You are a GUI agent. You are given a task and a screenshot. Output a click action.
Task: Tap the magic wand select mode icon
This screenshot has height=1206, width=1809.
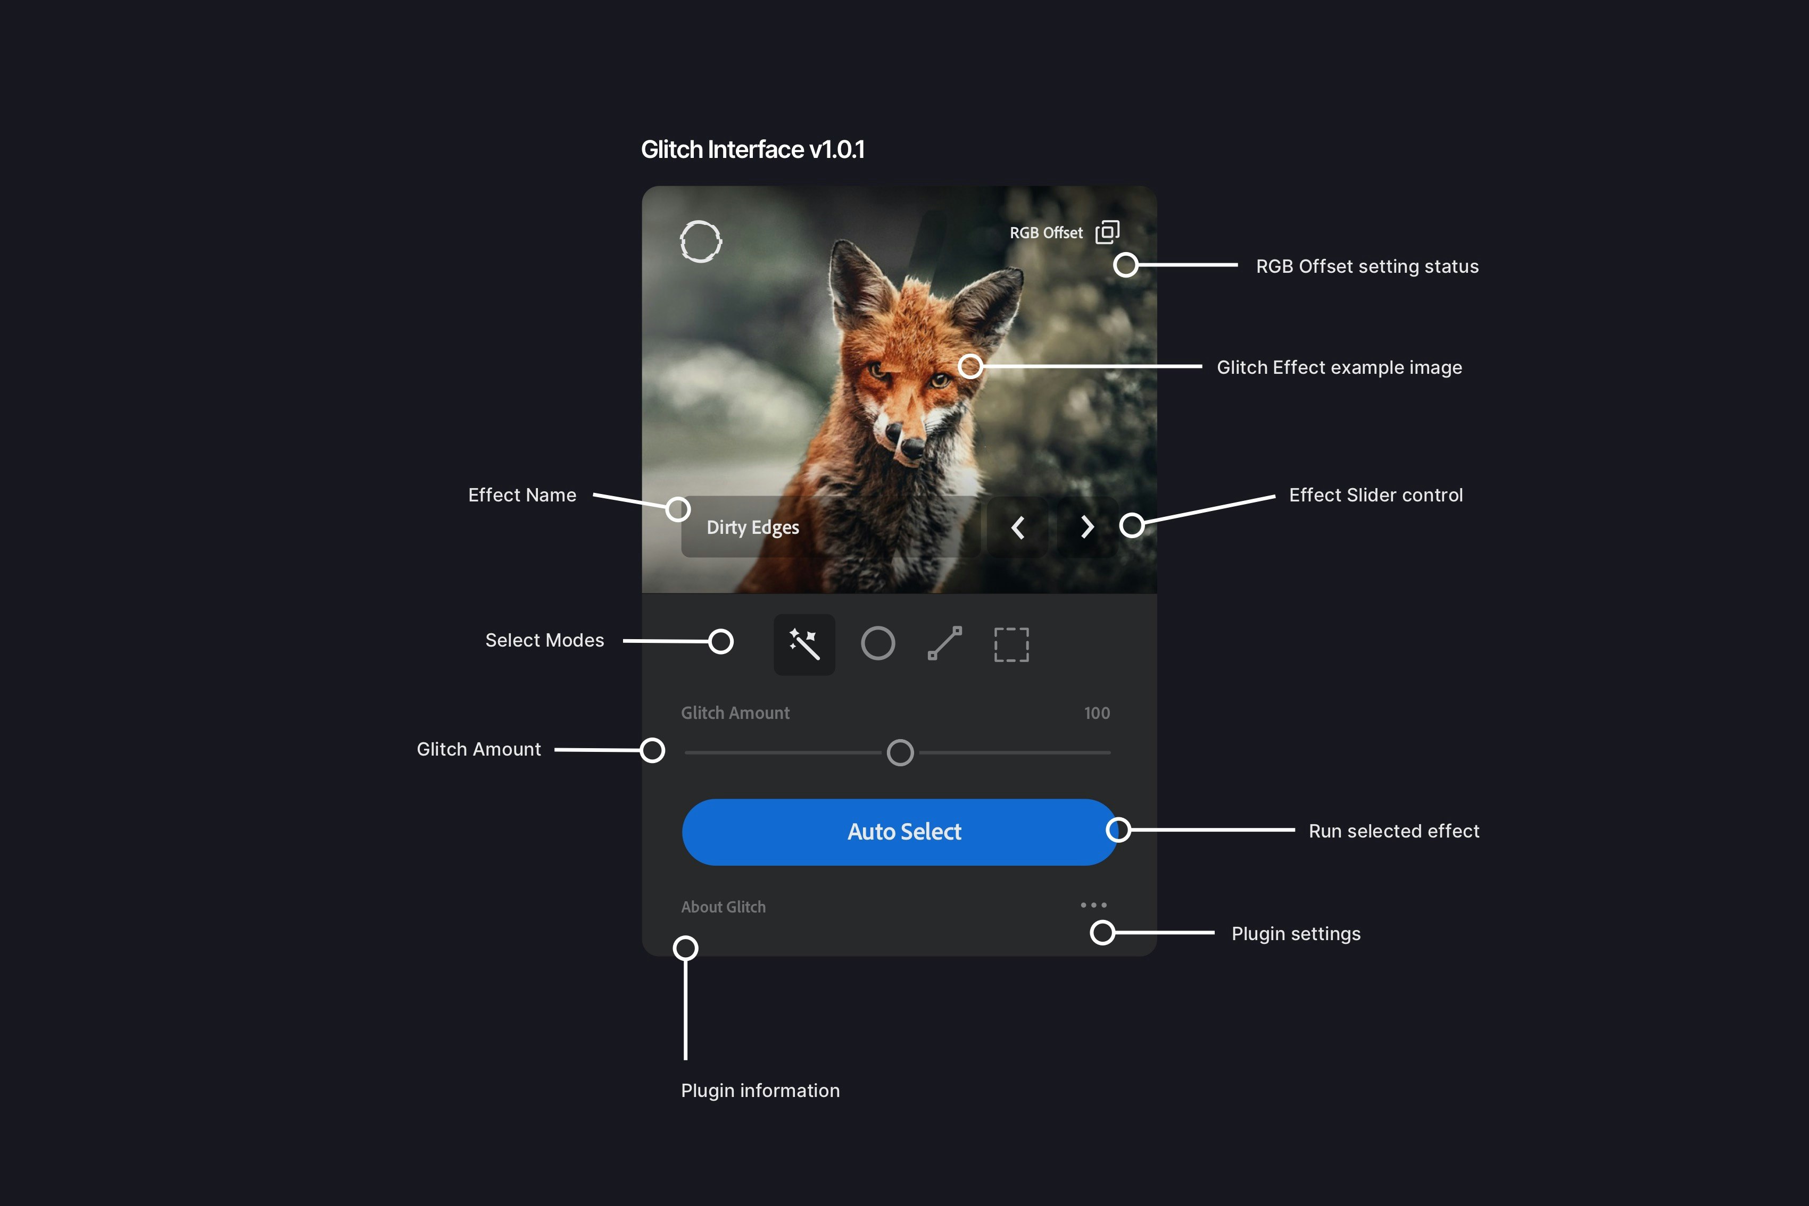(x=804, y=644)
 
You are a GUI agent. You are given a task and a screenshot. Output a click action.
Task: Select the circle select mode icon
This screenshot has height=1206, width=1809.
(x=877, y=644)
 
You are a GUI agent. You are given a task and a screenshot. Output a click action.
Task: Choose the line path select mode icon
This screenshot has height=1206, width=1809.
(x=945, y=644)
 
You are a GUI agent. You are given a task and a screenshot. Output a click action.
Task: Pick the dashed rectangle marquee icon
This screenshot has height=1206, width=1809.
(x=1011, y=644)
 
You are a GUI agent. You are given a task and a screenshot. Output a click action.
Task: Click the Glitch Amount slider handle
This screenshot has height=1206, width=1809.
(x=900, y=752)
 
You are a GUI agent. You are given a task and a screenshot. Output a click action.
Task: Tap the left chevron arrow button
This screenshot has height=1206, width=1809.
(x=1017, y=527)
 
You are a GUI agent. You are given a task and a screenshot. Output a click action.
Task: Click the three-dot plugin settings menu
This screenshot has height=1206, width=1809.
(x=1093, y=905)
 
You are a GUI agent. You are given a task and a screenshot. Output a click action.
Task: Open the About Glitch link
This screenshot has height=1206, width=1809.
(x=723, y=907)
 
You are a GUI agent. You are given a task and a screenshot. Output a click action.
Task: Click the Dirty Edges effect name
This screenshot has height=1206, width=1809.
(x=752, y=527)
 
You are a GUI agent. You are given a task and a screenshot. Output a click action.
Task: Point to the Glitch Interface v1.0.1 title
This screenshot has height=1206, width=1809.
(x=752, y=149)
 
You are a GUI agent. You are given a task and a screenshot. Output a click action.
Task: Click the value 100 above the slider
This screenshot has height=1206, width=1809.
(x=1097, y=713)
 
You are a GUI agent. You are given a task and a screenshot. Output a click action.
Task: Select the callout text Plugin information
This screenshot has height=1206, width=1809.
(x=760, y=1091)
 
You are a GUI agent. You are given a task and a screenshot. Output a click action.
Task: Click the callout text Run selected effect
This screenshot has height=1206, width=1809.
(x=1393, y=832)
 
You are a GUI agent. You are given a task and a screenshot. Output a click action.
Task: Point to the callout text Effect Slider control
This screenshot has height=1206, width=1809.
(x=1376, y=496)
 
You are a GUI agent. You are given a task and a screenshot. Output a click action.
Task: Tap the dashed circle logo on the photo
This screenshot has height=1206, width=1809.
(x=700, y=242)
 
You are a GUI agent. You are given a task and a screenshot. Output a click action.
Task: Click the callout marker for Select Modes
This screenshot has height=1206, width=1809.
(x=721, y=641)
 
